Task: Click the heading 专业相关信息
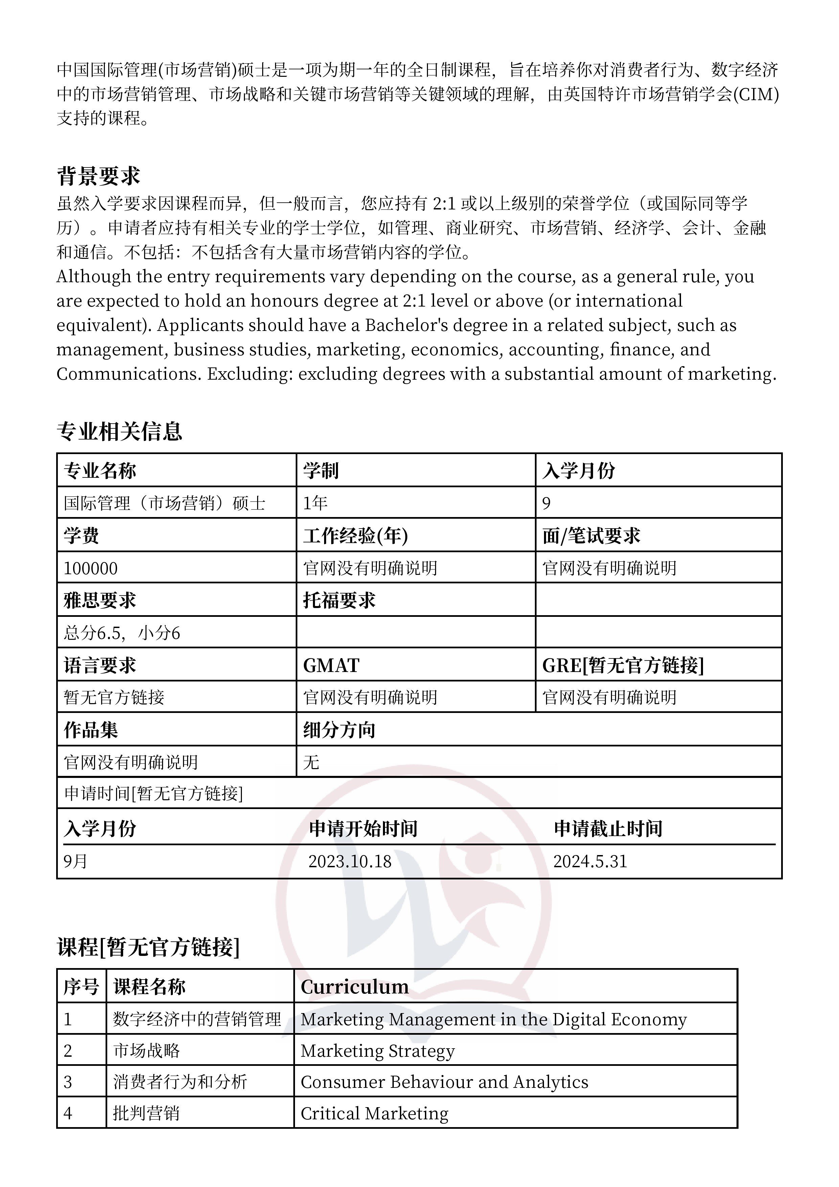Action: click(119, 431)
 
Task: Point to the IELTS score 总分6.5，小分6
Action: click(122, 633)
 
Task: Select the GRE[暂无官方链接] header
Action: click(623, 665)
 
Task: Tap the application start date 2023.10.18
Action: click(350, 861)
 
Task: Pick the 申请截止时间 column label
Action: click(608, 829)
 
